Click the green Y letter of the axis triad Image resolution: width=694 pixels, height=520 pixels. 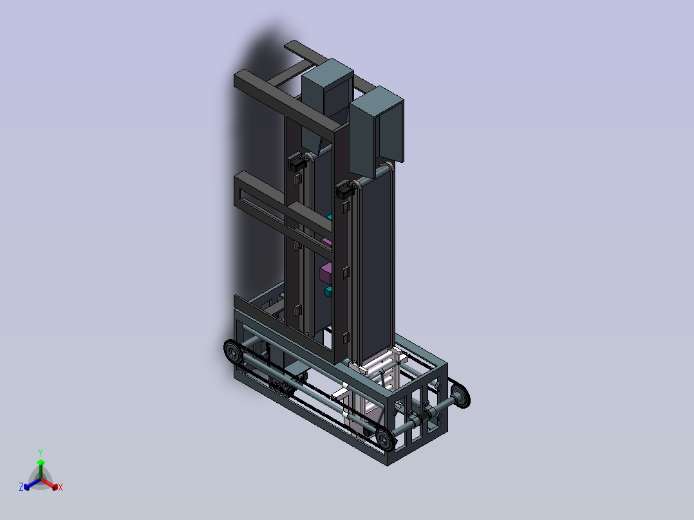click(x=41, y=452)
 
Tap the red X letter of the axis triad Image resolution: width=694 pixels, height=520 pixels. click(x=61, y=487)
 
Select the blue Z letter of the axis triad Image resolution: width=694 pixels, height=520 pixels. click(x=21, y=487)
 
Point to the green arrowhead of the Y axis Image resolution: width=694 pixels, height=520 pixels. click(x=41, y=463)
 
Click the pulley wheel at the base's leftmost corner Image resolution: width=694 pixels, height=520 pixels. click(x=233, y=352)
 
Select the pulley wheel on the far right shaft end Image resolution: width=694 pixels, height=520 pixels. click(x=461, y=396)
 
